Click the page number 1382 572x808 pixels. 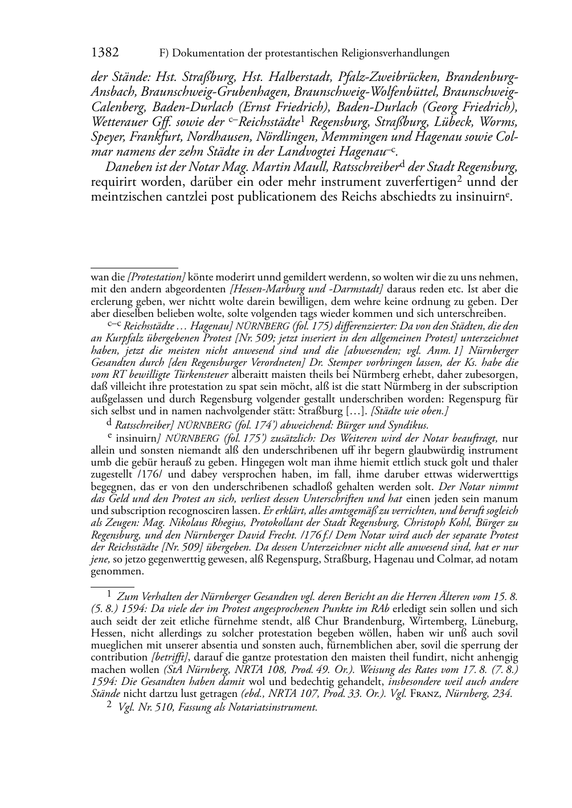coord(105,53)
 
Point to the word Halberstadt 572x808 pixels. coord(299,77)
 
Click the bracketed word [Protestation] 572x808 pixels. coord(156,278)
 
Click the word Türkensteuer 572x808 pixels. coord(198,374)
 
